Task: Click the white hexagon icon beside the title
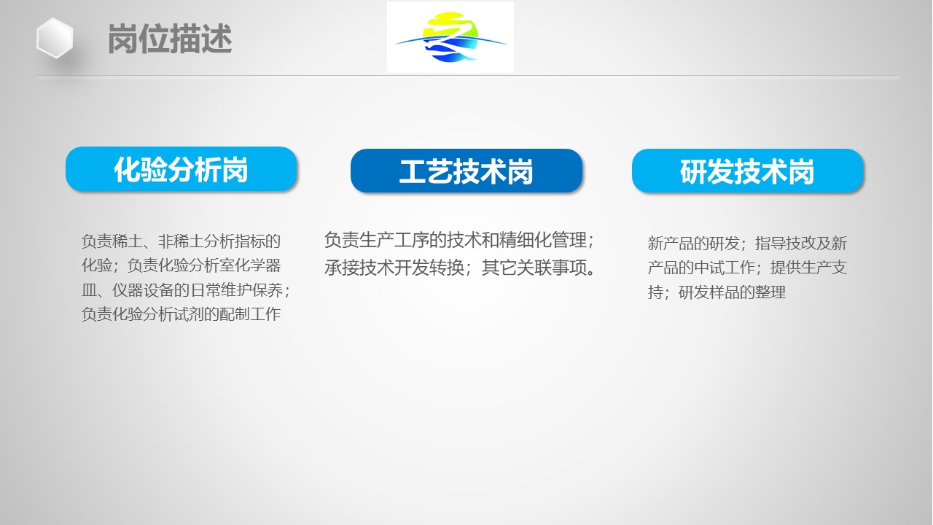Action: point(55,38)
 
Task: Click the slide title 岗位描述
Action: point(170,39)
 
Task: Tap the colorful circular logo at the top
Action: point(450,37)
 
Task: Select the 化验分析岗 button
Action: point(181,169)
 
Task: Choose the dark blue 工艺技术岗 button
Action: point(466,171)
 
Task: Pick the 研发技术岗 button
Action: point(747,171)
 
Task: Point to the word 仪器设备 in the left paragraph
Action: point(143,290)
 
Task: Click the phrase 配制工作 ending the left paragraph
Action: point(250,314)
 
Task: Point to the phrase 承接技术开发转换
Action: point(394,268)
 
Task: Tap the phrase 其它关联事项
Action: point(534,268)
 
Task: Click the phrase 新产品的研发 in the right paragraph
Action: point(693,244)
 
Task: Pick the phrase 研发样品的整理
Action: point(733,292)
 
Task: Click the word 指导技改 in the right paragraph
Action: point(786,244)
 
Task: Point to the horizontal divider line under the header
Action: point(467,77)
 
